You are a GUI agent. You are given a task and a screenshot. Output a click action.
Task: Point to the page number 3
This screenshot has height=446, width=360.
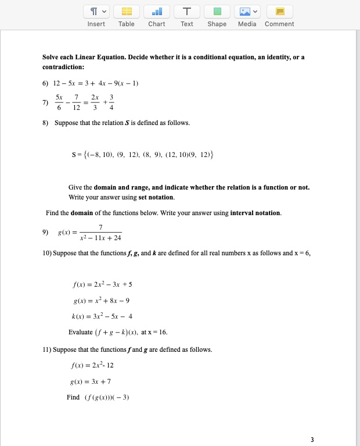tap(312, 439)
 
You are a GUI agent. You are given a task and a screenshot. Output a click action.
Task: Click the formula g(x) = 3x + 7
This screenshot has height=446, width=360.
tap(89, 381)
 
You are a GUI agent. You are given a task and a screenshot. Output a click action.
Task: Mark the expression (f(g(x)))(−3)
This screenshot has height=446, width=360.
tap(105, 398)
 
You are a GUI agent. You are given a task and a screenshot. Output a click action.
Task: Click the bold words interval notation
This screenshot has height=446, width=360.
tap(255, 213)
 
